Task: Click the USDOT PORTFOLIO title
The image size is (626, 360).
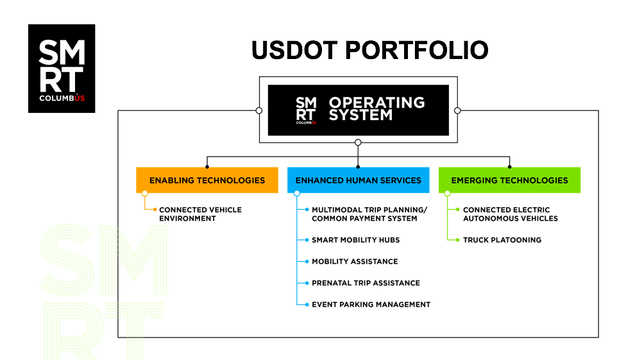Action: click(369, 50)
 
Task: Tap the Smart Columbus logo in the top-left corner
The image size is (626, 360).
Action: click(62, 68)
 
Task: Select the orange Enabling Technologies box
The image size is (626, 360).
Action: click(207, 180)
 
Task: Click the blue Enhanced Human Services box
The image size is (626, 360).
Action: click(358, 180)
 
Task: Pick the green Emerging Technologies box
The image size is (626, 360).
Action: click(509, 180)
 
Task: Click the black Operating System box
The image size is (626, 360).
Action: click(358, 110)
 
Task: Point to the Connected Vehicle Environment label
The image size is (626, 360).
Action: click(200, 214)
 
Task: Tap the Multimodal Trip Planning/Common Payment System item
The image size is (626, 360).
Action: click(369, 214)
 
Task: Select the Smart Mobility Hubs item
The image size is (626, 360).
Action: click(356, 240)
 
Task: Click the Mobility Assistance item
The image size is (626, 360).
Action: click(355, 261)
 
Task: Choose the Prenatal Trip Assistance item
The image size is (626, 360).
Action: click(366, 283)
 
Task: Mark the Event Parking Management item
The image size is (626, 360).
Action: click(371, 304)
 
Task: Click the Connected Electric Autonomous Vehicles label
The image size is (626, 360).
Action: click(510, 214)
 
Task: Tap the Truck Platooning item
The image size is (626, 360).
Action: click(502, 240)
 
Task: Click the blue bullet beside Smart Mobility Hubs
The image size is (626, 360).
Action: click(307, 240)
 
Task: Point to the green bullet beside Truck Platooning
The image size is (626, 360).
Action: click(457, 240)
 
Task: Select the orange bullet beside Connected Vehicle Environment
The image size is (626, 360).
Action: click(155, 209)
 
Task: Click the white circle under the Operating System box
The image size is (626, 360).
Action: click(358, 142)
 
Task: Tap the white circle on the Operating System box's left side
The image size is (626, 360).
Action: click(259, 110)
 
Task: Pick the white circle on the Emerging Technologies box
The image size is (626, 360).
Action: click(448, 193)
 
